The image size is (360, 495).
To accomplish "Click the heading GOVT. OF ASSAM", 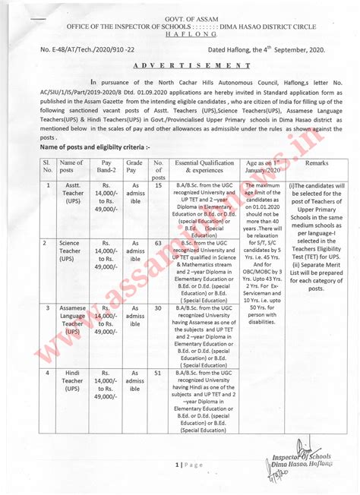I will [x=179, y=16].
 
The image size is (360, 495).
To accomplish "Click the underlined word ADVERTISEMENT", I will [x=179, y=65].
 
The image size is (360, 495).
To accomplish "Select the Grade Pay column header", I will [x=134, y=167].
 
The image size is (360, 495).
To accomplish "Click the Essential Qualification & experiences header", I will [x=204, y=167].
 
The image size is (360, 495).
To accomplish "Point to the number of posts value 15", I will [x=159, y=185].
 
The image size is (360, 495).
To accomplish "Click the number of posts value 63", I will [x=159, y=244].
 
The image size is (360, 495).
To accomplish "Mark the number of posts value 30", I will [x=159, y=308].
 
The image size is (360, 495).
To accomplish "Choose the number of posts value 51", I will [x=159, y=373].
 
